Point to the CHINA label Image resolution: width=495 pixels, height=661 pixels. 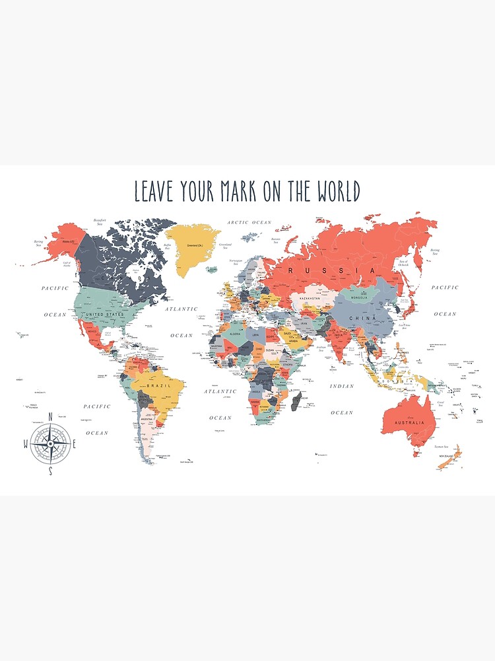[364, 319]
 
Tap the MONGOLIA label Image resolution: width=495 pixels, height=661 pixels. [364, 297]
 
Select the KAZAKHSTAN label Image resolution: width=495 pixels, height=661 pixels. [310, 299]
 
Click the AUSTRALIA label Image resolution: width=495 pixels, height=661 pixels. [405, 422]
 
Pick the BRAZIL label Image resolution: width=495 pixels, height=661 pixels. [159, 385]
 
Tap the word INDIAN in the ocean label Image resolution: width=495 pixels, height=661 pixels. [342, 386]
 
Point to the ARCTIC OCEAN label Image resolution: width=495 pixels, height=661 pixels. [249, 223]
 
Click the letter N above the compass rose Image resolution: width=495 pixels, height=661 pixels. [51, 416]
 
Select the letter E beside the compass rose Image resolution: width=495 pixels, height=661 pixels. [74, 444]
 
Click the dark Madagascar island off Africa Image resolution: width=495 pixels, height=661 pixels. [296, 399]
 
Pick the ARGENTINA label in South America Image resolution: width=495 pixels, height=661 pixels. [147, 419]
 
